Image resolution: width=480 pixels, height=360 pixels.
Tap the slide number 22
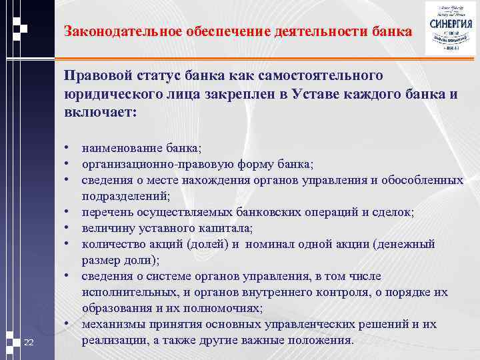pos(28,343)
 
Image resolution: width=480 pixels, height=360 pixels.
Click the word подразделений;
pos(126,196)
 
